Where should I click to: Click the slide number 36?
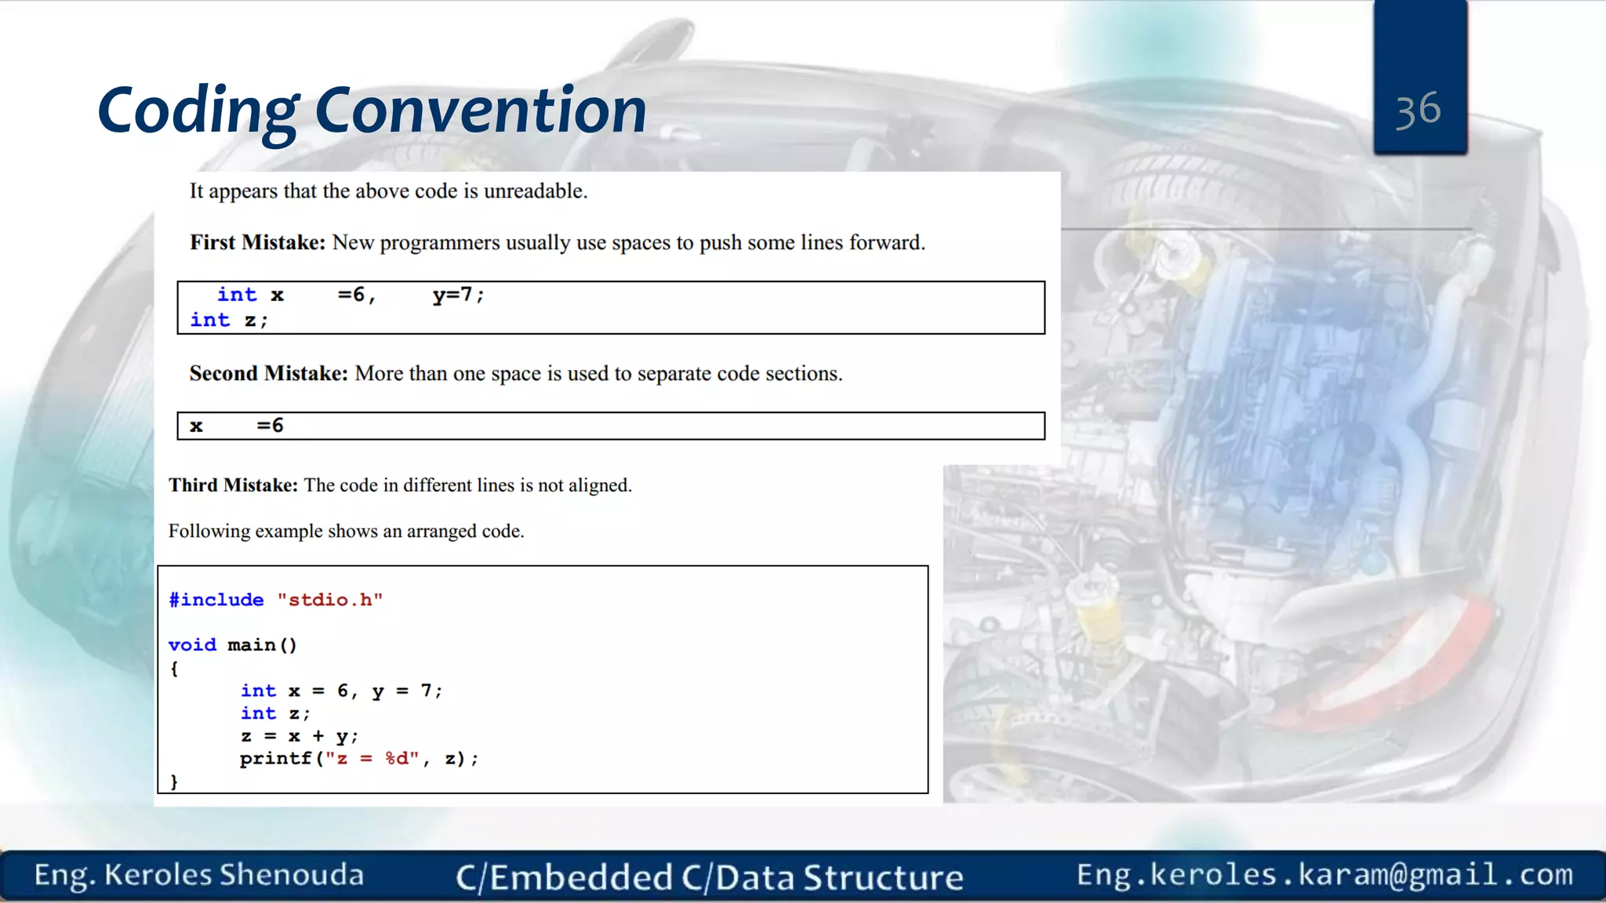click(1418, 110)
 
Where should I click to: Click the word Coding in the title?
click(198, 111)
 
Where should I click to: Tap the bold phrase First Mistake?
click(257, 242)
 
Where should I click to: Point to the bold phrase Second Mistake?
click(268, 373)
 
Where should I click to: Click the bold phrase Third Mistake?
click(233, 485)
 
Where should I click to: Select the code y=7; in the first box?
click(459, 295)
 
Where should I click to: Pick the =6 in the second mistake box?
click(271, 426)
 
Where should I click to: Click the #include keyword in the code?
click(216, 600)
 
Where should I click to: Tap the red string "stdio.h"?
click(329, 600)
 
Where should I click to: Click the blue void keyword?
click(192, 644)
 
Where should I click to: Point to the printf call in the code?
click(275, 758)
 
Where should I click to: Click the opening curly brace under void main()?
click(174, 669)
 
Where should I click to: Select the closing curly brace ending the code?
click(174, 782)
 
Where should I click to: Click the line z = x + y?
click(299, 736)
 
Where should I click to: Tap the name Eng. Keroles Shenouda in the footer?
click(199, 875)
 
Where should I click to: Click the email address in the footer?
click(1324, 875)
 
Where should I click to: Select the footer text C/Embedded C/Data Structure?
click(710, 877)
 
